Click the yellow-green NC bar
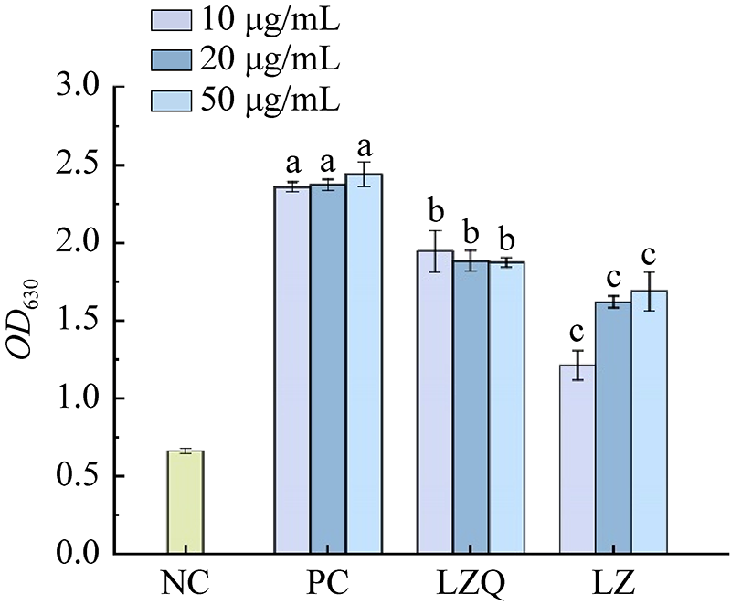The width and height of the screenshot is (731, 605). coord(185,502)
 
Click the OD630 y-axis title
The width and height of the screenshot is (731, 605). coord(31,321)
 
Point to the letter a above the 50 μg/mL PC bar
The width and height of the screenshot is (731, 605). coord(365,148)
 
